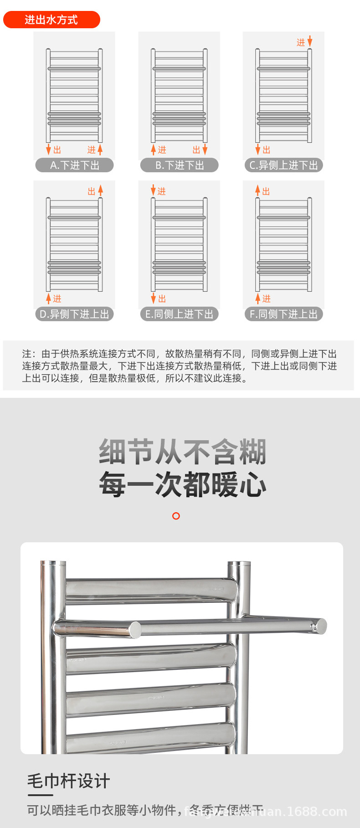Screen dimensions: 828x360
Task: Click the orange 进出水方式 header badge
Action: click(51, 20)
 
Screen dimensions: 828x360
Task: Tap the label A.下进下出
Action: click(74, 165)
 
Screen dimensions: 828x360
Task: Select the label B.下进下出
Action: click(179, 165)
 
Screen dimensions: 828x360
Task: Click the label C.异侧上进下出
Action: click(283, 165)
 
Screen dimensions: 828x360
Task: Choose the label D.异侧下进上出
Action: click(74, 314)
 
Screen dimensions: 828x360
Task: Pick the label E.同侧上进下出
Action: click(179, 314)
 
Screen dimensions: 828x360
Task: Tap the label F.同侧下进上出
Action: click(283, 314)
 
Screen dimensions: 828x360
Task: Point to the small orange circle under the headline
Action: click(176, 516)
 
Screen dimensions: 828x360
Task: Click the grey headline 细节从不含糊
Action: click(182, 452)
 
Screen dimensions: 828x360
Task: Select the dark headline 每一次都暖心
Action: click(182, 484)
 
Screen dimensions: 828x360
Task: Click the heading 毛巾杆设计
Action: click(68, 781)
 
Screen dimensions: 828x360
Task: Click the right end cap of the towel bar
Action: click(322, 626)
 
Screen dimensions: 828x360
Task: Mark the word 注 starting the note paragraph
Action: click(27, 354)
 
